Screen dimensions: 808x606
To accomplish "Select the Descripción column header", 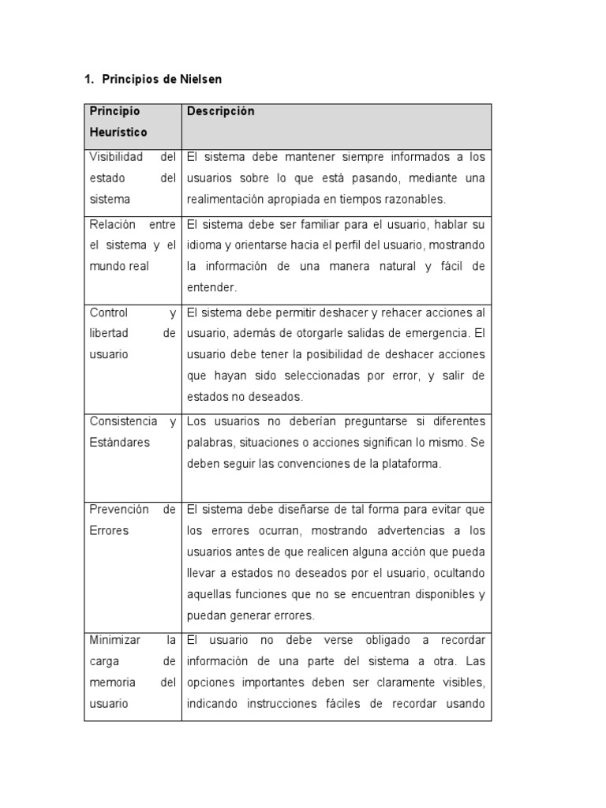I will click(220, 112).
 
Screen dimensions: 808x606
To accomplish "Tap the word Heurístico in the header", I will click(118, 133).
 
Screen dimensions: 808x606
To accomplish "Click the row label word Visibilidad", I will click(116, 157).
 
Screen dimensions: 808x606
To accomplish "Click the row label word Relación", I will click(113, 225).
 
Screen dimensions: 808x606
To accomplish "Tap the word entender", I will click(211, 288).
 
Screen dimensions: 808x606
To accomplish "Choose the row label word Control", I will click(109, 312).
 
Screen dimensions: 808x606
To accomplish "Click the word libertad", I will click(110, 334).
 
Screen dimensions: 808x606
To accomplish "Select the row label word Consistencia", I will click(123, 421).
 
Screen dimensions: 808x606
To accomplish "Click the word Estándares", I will click(119, 443).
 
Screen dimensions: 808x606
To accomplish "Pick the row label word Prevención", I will click(119, 510).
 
